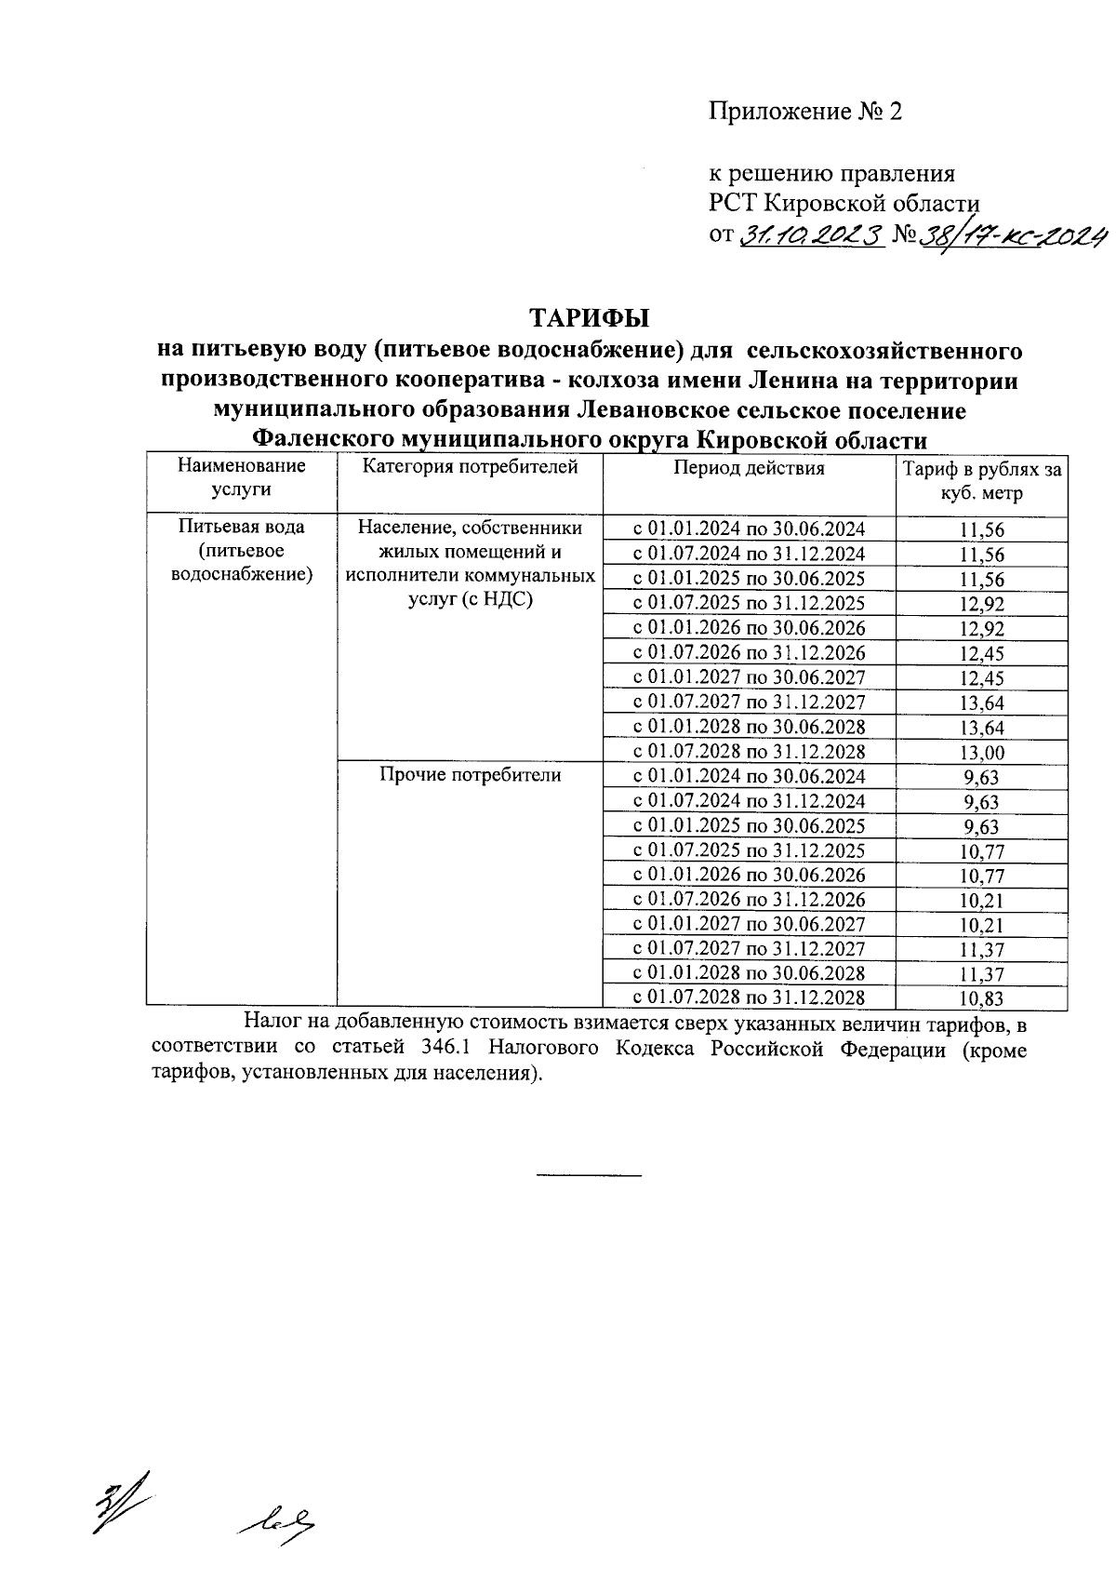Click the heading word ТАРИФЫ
[x=590, y=318]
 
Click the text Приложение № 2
[x=805, y=112]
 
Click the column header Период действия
[x=749, y=468]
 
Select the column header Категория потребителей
[x=470, y=467]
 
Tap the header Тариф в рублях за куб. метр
[x=982, y=481]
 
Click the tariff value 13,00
[x=982, y=753]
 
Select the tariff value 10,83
[x=982, y=999]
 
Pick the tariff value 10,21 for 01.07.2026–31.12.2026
[x=982, y=901]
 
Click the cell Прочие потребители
[x=470, y=775]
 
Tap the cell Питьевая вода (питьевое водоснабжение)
[x=241, y=551]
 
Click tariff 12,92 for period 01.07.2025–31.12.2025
[x=982, y=604]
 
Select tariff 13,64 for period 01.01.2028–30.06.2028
[x=982, y=728]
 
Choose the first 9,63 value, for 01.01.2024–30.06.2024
[x=982, y=777]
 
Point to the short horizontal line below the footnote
[x=590, y=1177]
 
